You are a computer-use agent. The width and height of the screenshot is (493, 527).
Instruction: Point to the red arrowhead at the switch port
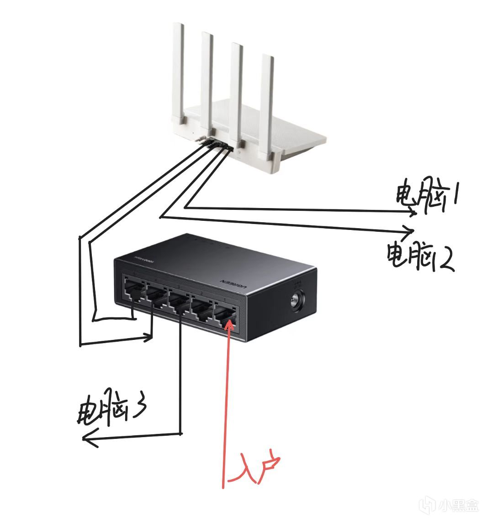[x=230, y=324]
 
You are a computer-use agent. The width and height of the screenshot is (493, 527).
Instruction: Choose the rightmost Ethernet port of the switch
[x=225, y=314]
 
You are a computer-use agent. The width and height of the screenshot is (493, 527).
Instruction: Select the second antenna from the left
[x=207, y=82]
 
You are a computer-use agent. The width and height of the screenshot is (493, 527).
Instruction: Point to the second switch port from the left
[x=156, y=296]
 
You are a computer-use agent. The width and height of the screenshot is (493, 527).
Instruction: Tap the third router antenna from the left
[x=237, y=91]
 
